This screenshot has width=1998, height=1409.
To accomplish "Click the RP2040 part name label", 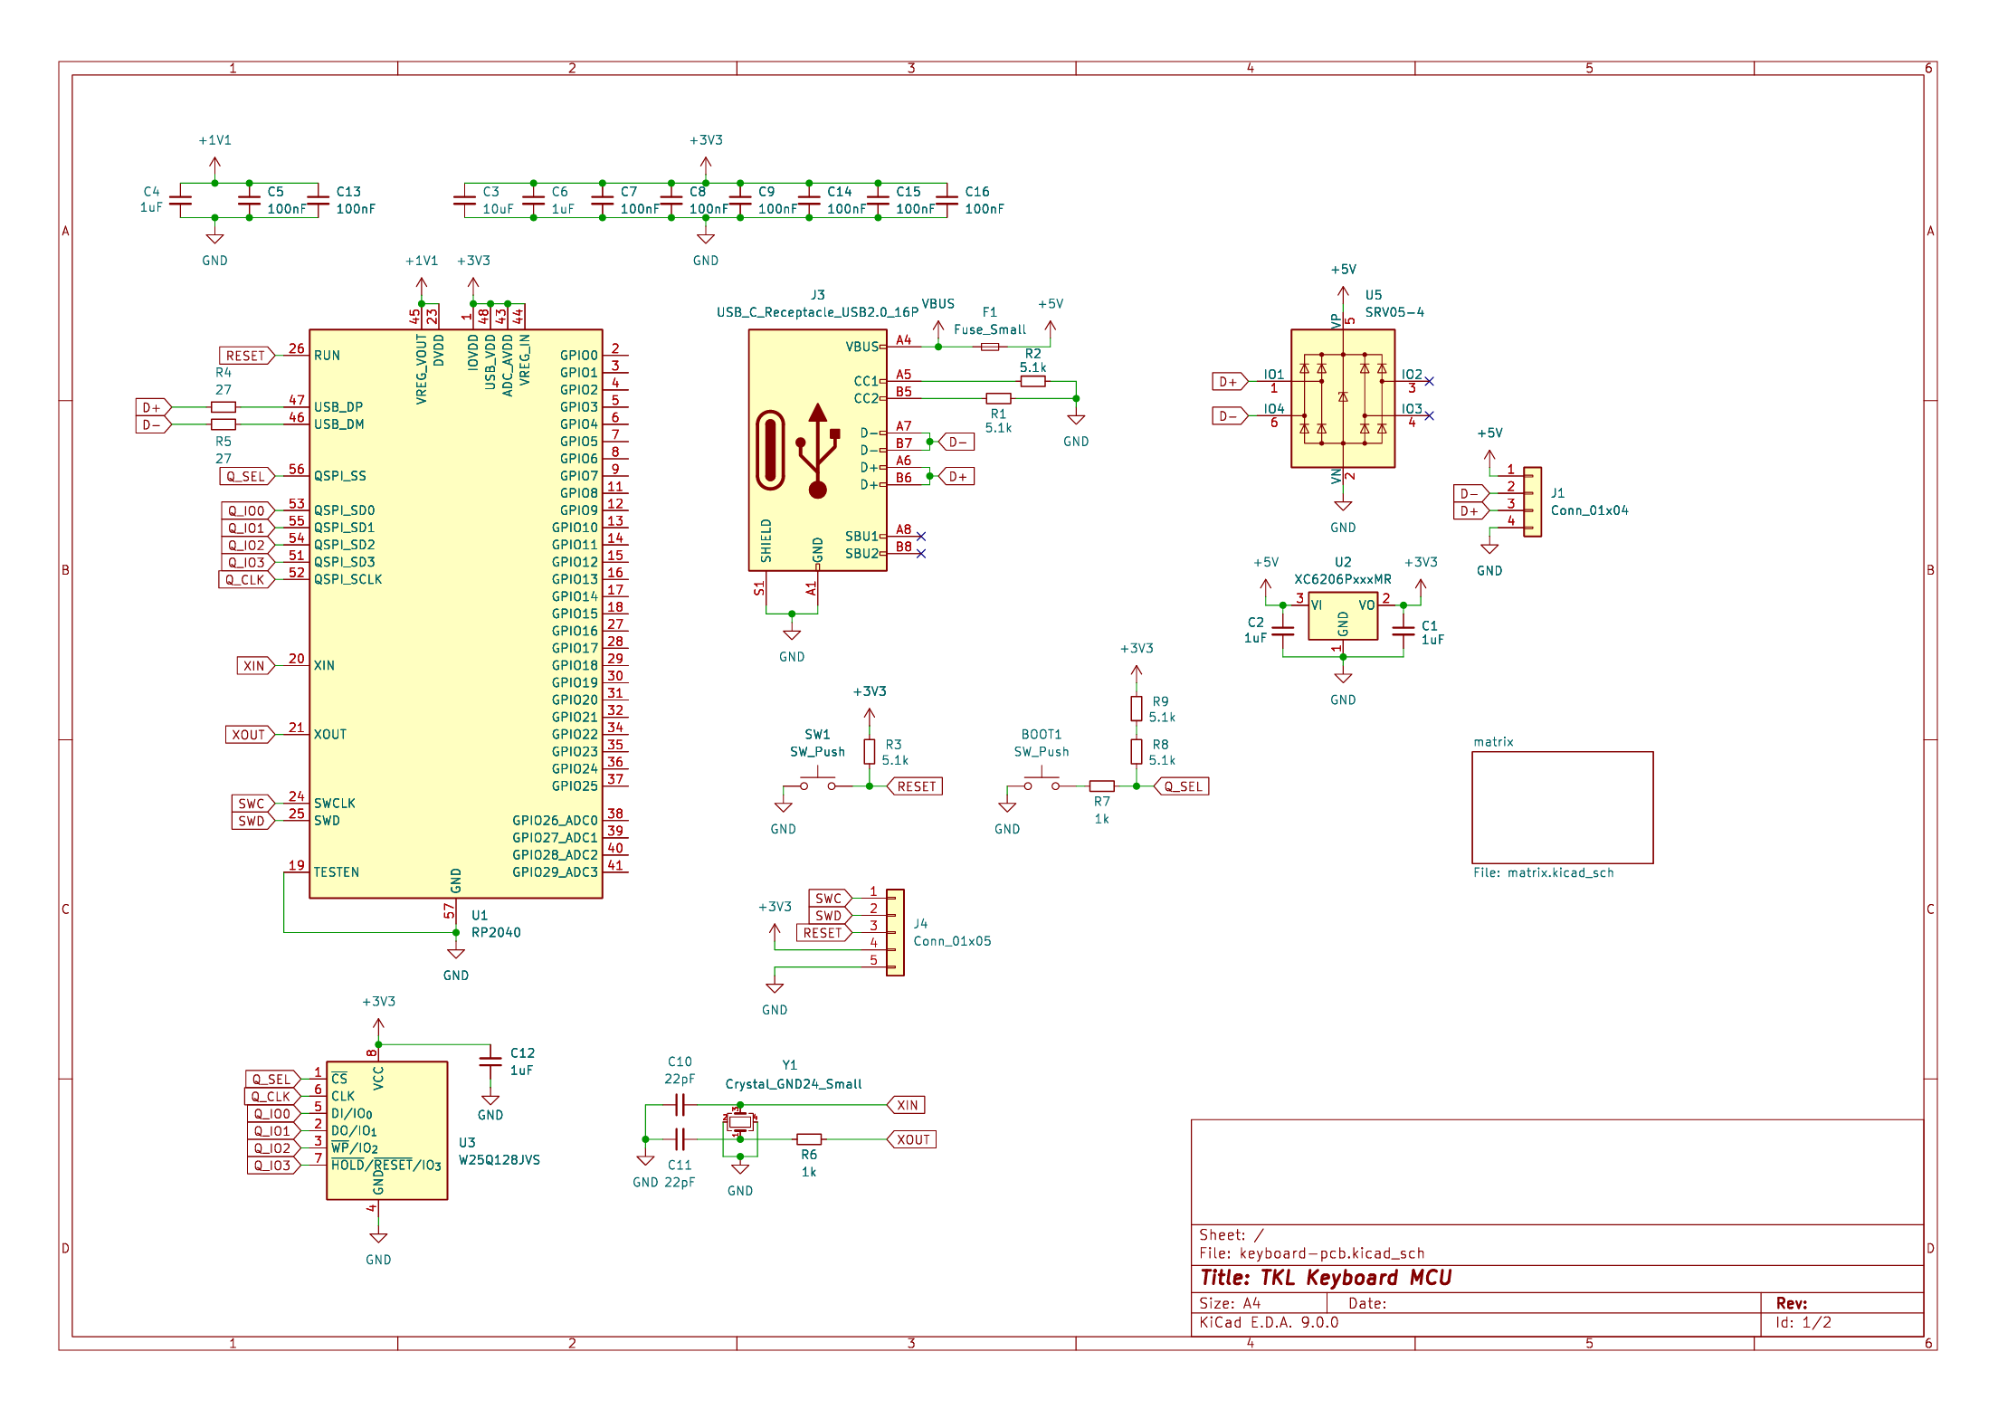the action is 496,932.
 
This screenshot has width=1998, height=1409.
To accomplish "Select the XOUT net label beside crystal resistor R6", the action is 911,1139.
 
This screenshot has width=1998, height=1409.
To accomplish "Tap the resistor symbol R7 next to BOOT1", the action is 1101,786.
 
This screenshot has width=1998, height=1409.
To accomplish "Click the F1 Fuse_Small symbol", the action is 990,347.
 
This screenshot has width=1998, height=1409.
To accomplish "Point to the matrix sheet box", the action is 1562,807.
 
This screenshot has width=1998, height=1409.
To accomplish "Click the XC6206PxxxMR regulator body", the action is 1343,615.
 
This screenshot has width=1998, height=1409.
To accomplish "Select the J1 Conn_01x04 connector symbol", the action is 1532,501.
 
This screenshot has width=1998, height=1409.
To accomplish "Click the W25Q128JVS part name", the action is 499,1159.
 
